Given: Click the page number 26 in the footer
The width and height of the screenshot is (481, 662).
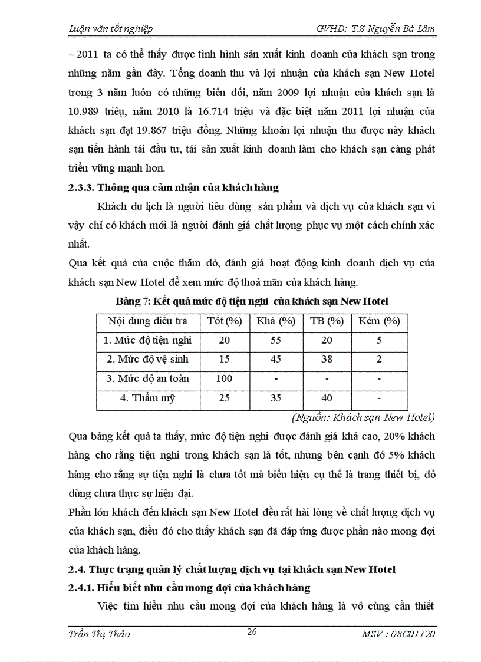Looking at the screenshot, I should pos(252,632).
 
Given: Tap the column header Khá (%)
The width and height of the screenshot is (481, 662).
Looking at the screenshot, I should pos(276,321).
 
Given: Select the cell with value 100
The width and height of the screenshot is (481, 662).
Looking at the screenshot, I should pos(224,378).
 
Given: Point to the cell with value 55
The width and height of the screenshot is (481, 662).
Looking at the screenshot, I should pos(276,340).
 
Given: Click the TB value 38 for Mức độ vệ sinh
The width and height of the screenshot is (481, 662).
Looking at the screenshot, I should pos(327,359).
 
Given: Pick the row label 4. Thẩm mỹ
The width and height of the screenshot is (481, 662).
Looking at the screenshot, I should pos(147,398).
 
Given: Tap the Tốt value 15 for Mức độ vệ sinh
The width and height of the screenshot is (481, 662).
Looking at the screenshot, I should pos(224,359).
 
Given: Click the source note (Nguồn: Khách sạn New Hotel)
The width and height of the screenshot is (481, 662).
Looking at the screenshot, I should pos(363,417).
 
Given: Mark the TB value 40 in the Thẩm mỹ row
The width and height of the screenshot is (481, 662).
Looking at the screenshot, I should pos(327,398).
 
